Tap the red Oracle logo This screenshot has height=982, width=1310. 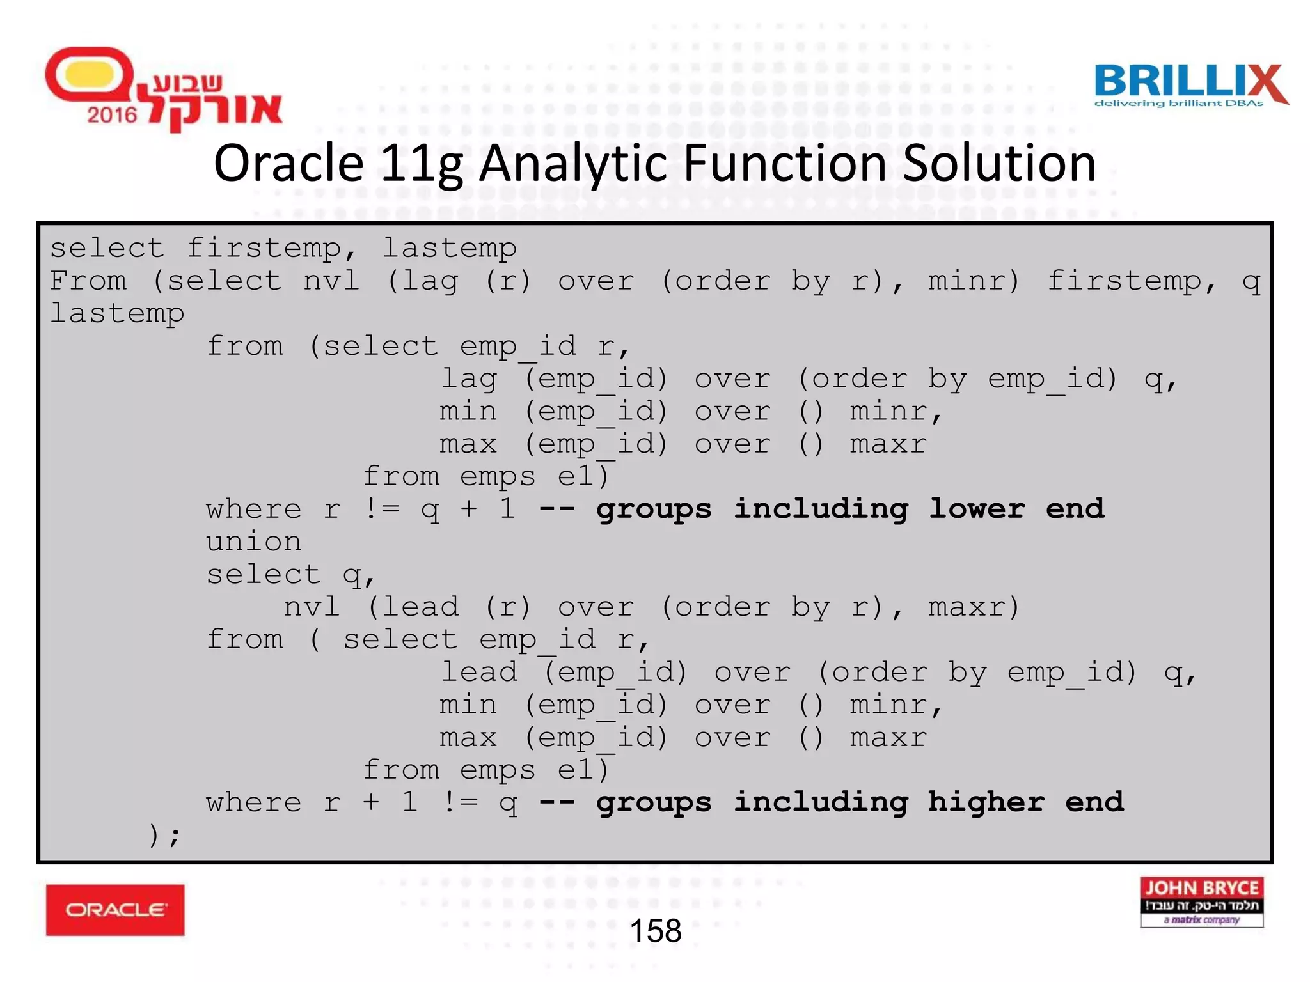[115, 910]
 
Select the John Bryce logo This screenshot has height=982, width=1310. [1201, 901]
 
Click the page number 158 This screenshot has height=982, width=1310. [655, 931]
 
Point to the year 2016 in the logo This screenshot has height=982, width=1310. [112, 115]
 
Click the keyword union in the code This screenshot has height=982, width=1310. [253, 542]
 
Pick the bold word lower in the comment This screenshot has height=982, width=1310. [977, 509]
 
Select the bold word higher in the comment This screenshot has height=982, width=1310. [986, 802]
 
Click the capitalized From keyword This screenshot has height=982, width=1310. [88, 281]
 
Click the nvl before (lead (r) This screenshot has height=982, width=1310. [312, 607]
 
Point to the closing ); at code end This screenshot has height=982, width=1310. [164, 835]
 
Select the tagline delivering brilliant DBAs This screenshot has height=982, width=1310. [1178, 104]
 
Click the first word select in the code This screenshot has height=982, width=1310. [107, 248]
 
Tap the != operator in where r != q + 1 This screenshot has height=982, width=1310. [381, 509]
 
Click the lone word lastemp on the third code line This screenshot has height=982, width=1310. [117, 313]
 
